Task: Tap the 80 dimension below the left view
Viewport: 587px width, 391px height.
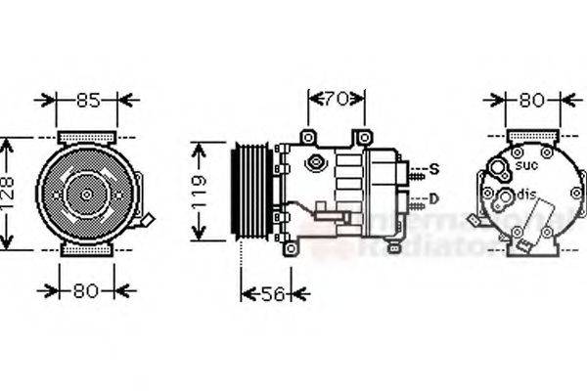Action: click(x=84, y=289)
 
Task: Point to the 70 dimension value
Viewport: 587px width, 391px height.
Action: click(x=336, y=98)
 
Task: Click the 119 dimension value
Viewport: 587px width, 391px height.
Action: click(x=199, y=192)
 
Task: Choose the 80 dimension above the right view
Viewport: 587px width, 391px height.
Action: click(x=532, y=99)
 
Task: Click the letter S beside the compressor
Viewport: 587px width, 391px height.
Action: click(x=434, y=169)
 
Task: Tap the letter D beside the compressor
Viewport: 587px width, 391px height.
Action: click(x=434, y=199)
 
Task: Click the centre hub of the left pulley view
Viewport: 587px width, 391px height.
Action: click(x=86, y=195)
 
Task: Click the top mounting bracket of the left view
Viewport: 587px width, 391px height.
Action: click(x=86, y=135)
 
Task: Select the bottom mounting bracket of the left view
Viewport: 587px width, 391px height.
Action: click(x=86, y=250)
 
